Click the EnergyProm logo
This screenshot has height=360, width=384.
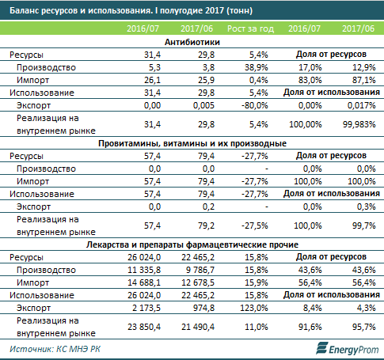pos(348,349)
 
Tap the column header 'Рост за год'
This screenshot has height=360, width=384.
pos(250,28)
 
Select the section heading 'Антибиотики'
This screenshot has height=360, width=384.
pos(192,42)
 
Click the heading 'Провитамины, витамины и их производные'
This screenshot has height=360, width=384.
pos(192,143)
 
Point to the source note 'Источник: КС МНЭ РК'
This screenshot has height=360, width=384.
pos(55,349)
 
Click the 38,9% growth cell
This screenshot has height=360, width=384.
pos(256,67)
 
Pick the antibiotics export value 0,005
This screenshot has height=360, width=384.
pos(203,105)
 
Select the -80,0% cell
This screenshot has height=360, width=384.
pos(255,105)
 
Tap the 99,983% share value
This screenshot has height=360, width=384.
pos(359,124)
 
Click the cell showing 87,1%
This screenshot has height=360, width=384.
pos(363,80)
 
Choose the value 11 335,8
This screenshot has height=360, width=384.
pos(144,270)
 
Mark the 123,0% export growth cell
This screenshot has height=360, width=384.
pos(254,308)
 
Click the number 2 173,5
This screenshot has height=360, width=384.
pos(146,308)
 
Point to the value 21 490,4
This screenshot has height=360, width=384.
pos(198,327)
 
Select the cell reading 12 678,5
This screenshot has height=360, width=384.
pos(198,282)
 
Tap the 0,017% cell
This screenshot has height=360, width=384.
pos(361,105)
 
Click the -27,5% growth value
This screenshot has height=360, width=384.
pos(255,225)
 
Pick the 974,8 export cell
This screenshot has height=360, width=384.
pos(203,308)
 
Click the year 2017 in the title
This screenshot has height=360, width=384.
pos(215,10)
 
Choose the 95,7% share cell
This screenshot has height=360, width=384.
pos(363,327)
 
